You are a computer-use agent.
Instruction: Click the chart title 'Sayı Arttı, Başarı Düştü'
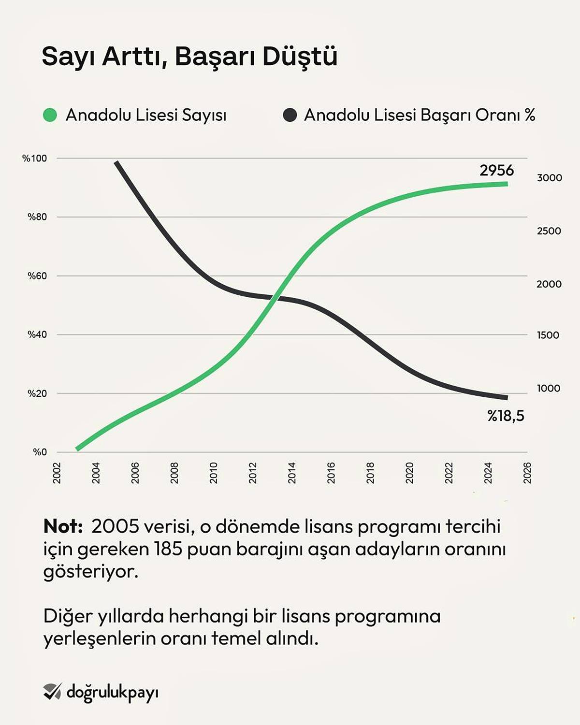[x=189, y=57]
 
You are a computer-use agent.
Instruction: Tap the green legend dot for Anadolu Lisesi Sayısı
[x=50, y=115]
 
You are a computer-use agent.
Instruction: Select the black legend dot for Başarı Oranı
[x=290, y=115]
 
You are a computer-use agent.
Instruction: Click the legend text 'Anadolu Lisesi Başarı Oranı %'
[x=419, y=115]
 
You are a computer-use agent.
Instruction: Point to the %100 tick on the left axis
[x=35, y=159]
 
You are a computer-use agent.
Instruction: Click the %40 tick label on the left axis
[x=37, y=334]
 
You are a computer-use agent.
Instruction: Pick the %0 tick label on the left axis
[x=40, y=452]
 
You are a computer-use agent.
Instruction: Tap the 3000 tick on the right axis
[x=549, y=178]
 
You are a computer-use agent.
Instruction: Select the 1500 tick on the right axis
[x=548, y=335]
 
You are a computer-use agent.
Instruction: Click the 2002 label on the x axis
[x=57, y=473]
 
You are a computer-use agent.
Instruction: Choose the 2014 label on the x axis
[x=292, y=473]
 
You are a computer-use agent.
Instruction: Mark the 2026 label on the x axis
[x=527, y=473]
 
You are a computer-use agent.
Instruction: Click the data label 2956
[x=496, y=170]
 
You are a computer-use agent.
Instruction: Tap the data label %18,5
[x=506, y=416]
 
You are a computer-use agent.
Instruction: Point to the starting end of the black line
[x=117, y=163]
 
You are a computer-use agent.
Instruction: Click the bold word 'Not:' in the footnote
[x=63, y=526]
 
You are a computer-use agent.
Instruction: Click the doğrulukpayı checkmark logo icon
[x=52, y=692]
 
